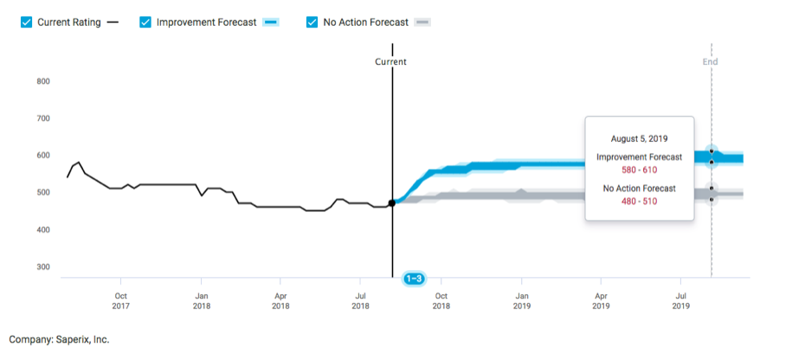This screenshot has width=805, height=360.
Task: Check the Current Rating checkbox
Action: tap(26, 22)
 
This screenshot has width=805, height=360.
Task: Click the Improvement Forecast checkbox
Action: tap(145, 22)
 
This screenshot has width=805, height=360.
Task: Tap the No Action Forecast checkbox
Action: tap(312, 22)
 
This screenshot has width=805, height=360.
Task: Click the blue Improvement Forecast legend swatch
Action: tap(270, 22)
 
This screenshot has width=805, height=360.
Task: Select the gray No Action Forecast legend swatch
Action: tap(422, 22)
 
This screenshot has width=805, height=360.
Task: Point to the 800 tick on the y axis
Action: tap(43, 81)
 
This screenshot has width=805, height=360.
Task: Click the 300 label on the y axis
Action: tap(43, 267)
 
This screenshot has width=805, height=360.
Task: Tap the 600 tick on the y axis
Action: tap(43, 156)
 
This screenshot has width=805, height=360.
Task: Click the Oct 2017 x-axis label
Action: tap(120, 299)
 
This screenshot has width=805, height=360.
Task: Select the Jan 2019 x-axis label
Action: tap(521, 299)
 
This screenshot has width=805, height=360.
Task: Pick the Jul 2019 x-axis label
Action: tap(681, 299)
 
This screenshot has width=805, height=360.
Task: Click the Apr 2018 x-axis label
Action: tap(280, 299)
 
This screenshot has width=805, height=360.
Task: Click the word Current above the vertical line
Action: tap(390, 62)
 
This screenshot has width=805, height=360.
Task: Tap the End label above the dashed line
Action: tap(710, 62)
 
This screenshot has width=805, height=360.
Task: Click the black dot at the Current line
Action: tap(392, 202)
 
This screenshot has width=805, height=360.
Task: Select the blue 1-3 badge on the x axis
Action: tap(414, 279)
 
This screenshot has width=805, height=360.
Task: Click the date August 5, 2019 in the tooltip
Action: tap(639, 138)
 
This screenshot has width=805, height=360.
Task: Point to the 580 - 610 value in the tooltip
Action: tap(639, 170)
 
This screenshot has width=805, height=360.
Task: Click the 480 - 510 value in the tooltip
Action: tap(639, 200)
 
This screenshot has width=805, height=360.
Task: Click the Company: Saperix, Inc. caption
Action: tap(59, 340)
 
